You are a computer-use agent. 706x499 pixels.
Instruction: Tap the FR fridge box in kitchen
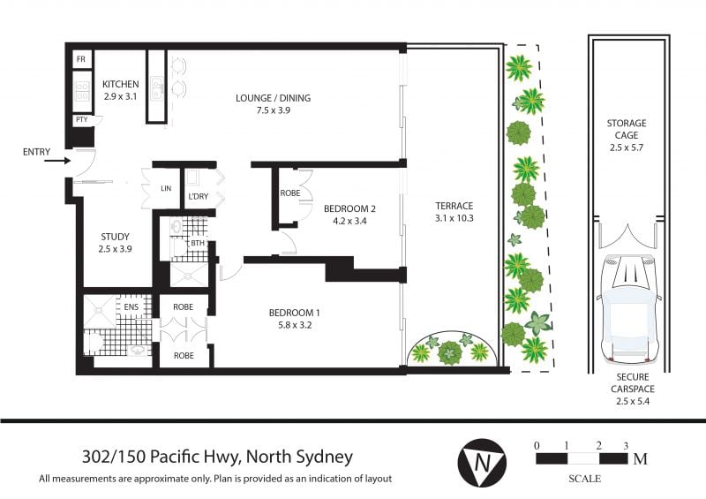pos(81,59)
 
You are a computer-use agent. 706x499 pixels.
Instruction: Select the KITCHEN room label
pos(120,84)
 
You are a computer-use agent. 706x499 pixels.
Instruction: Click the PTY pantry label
pos(81,120)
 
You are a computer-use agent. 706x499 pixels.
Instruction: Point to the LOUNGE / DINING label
pos(273,98)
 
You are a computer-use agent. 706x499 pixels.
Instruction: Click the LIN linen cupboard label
pos(166,188)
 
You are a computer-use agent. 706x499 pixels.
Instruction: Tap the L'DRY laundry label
pos(198,197)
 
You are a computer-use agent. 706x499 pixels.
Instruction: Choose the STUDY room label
pos(115,237)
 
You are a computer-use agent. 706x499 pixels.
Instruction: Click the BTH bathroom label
pos(198,244)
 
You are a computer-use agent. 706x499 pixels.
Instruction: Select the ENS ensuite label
pos(131,307)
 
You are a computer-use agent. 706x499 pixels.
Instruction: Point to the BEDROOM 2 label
pos(349,208)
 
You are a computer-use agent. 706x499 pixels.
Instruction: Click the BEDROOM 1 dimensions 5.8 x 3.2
pos(295,324)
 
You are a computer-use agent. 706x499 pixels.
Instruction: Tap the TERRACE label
pos(454,206)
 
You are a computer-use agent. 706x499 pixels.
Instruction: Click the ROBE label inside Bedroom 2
pos(290,193)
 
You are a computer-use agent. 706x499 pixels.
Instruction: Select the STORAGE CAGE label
pos(627,129)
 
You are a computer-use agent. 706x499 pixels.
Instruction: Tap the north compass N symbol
pos(482,463)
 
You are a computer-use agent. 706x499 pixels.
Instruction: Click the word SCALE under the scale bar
pos(584,479)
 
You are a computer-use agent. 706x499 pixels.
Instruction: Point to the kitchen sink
pos(157,87)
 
